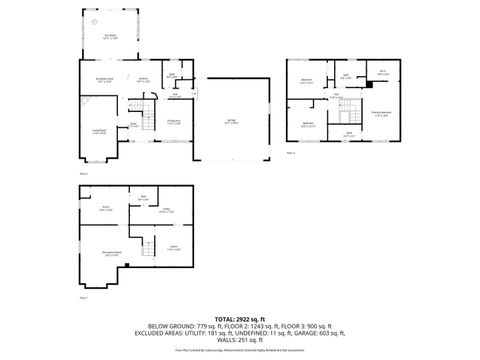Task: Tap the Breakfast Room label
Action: [102, 78]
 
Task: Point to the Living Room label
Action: [100, 131]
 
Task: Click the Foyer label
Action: [132, 125]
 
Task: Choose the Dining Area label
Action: [173, 121]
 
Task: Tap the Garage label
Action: [231, 121]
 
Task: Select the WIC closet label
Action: [382, 71]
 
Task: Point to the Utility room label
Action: [165, 211]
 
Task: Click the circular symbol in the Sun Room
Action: [93, 21]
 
